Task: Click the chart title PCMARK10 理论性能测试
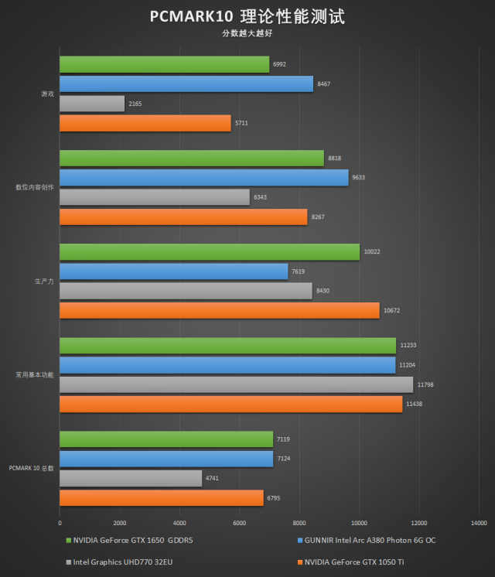click(x=247, y=16)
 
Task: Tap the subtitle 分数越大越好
click(x=247, y=33)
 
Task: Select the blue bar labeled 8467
click(x=186, y=84)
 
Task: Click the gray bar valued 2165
click(x=92, y=103)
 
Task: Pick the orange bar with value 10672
click(x=220, y=310)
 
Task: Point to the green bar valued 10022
click(x=210, y=252)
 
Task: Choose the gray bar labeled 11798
click(x=237, y=384)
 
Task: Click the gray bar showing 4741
click(x=131, y=478)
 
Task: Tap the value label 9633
click(x=358, y=178)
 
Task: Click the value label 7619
click(x=299, y=271)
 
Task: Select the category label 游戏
click(x=48, y=94)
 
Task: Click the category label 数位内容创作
click(x=36, y=188)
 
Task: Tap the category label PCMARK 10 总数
click(x=32, y=469)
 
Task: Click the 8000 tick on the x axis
click(x=299, y=522)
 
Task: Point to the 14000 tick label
click(x=479, y=522)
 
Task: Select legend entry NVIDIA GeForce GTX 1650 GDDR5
click(x=132, y=540)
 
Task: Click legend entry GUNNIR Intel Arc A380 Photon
click(x=365, y=540)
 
